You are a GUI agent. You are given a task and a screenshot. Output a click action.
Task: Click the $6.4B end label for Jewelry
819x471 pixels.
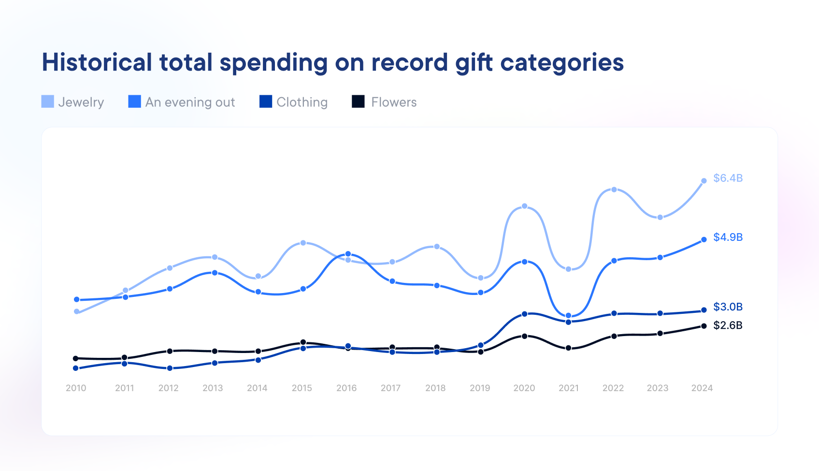(728, 178)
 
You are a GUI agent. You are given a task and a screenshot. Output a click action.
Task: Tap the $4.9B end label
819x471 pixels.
(728, 237)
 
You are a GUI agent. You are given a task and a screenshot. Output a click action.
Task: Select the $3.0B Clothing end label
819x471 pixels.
(728, 307)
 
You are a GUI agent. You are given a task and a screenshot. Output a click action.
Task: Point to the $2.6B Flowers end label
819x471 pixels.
(728, 325)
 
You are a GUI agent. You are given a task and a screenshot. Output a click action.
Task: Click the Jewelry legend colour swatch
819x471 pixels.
(47, 102)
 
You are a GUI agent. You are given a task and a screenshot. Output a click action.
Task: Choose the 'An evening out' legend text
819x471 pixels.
(190, 102)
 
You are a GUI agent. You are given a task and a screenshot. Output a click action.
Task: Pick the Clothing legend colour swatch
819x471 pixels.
(265, 102)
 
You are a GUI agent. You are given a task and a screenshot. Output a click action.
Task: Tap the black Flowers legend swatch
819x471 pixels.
(358, 102)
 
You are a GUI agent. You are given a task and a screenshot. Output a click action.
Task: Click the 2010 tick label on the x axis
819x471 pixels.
(76, 388)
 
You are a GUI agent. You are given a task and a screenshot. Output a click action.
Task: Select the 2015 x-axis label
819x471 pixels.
(302, 388)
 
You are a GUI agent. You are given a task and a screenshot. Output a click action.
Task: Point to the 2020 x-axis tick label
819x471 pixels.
(524, 388)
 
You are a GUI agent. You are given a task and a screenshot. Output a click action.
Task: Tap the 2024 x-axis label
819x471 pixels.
(702, 388)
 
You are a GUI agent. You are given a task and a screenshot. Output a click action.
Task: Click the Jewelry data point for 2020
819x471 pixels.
(524, 206)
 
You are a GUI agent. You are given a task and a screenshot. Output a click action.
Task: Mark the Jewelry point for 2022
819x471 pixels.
(614, 190)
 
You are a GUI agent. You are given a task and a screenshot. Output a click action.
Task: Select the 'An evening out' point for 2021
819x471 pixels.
(568, 316)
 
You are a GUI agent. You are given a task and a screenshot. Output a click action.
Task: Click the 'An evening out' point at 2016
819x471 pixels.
(348, 254)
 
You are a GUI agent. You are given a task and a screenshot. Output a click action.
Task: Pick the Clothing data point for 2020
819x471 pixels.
(524, 314)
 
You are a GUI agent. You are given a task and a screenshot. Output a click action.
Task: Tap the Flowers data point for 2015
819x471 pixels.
(303, 342)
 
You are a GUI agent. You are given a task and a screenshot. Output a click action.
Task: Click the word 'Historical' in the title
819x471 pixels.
(97, 62)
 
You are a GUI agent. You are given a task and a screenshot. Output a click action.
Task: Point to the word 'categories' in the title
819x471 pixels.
(562, 62)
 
